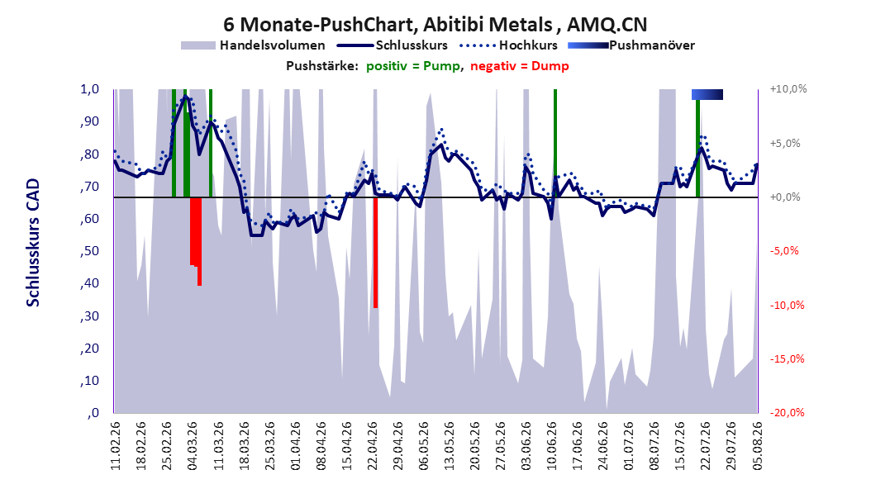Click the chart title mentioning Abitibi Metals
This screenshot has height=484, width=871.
[x=435, y=25]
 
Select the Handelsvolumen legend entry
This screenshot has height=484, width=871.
[x=254, y=45]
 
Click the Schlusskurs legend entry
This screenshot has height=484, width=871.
[x=393, y=45]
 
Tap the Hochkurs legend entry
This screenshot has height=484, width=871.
[x=509, y=45]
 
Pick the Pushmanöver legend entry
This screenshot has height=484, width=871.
[x=631, y=45]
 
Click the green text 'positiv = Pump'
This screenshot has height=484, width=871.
[x=413, y=66]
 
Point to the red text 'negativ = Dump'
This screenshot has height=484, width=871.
[x=520, y=66]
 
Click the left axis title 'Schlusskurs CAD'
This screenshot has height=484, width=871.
[x=33, y=243]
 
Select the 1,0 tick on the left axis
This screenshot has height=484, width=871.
[x=89, y=89]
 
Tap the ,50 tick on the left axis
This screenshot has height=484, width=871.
[x=89, y=251]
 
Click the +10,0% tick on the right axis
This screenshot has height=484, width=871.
[x=788, y=89]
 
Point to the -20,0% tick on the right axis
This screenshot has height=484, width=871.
[x=788, y=412]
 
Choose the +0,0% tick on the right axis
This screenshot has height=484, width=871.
[x=785, y=197]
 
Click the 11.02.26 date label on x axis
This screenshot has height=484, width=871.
[x=116, y=446]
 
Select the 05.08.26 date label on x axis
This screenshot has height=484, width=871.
[x=757, y=446]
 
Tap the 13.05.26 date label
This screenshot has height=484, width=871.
[x=449, y=446]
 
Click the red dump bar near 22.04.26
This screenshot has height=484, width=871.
[x=375, y=253]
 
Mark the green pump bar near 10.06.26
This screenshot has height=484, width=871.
[x=555, y=143]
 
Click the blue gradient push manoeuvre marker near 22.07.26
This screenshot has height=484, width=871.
[x=707, y=94]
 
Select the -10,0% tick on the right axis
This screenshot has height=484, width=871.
[x=788, y=305]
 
